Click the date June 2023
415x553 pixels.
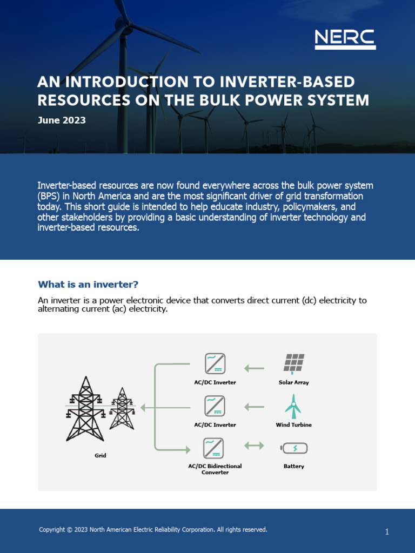coord(62,120)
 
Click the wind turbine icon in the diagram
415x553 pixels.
coord(293,406)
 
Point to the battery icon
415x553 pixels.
coord(294,448)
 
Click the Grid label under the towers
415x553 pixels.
coord(101,455)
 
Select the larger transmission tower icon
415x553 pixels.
coord(85,408)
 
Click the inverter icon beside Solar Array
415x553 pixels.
coord(215,363)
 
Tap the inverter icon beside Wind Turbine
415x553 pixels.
coord(215,406)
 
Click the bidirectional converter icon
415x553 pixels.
coord(214,448)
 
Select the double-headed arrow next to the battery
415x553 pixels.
coord(254,446)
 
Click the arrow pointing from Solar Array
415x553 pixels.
coord(254,368)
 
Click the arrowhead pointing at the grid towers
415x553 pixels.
coord(144,408)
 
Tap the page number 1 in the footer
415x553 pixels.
coord(387,532)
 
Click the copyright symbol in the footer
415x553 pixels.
coord(69,530)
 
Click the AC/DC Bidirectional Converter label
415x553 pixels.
coord(215,469)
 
